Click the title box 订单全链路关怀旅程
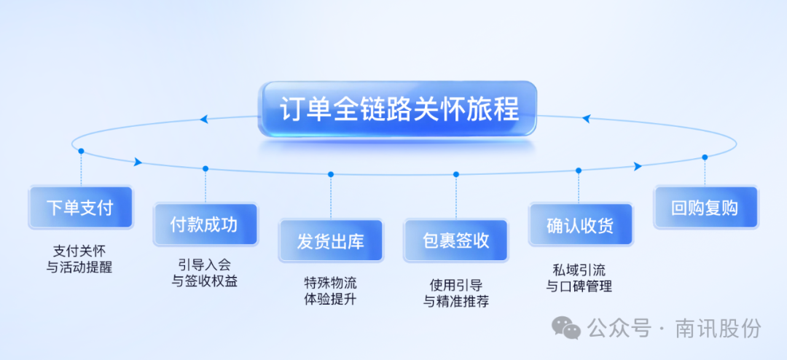(x=398, y=109)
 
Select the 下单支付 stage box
(x=80, y=208)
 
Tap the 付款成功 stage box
(x=205, y=224)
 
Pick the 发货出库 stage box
(x=330, y=241)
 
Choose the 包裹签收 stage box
(x=455, y=241)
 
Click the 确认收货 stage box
(x=580, y=224)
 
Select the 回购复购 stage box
(x=705, y=208)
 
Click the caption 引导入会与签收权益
(x=205, y=273)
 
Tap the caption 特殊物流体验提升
(x=330, y=291)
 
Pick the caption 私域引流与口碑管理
(x=580, y=277)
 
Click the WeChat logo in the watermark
(x=565, y=328)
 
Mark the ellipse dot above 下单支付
(x=81, y=151)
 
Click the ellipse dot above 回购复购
(x=705, y=157)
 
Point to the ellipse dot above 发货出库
(x=331, y=174)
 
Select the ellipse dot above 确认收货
(x=579, y=171)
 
